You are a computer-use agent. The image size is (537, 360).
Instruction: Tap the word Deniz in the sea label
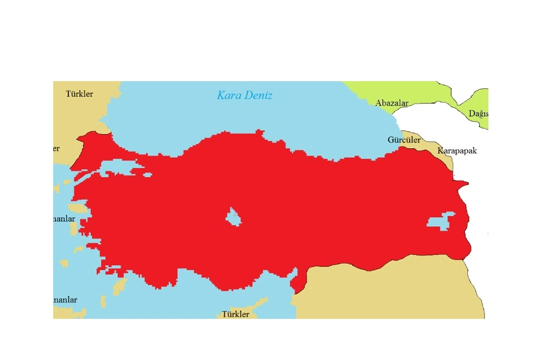(258, 95)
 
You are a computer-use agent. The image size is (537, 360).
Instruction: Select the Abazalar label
(392, 103)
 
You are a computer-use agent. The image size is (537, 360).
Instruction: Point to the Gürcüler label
(404, 140)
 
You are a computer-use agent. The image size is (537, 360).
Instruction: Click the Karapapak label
(456, 151)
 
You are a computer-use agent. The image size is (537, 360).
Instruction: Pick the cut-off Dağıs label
(478, 114)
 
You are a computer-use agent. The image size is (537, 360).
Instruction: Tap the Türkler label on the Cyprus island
(236, 314)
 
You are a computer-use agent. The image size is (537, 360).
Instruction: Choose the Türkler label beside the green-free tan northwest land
(79, 94)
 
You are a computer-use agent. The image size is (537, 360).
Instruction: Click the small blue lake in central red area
(233, 217)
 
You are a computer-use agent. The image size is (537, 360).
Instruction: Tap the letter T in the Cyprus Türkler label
(224, 314)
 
